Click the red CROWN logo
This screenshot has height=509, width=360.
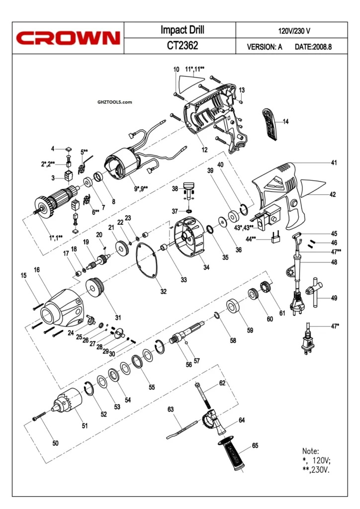(x=68, y=38)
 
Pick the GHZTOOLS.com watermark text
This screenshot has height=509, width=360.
(x=115, y=102)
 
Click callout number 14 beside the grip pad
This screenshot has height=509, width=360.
(x=286, y=121)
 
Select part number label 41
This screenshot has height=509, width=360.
(x=334, y=163)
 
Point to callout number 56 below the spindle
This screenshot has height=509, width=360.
(x=189, y=364)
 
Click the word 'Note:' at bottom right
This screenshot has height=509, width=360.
(x=310, y=451)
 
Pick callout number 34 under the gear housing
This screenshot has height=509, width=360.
(x=206, y=267)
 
